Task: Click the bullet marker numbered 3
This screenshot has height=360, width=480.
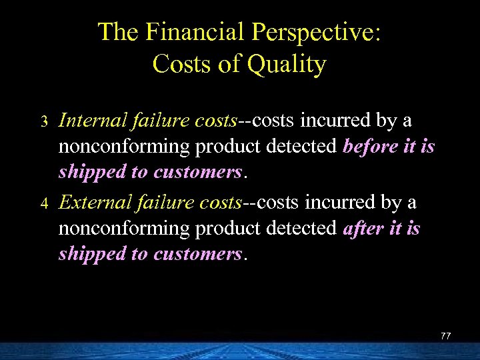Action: tap(44, 122)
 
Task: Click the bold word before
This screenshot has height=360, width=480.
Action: tap(371, 146)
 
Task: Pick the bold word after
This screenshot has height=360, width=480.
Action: tap(363, 228)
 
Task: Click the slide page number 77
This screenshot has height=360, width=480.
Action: tap(445, 336)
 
